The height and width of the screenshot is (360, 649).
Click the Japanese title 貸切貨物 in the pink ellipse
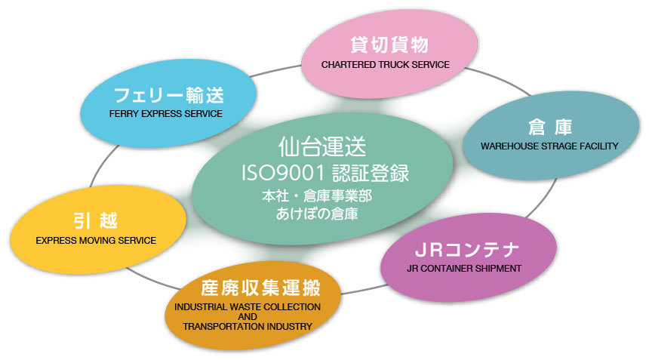[389, 45]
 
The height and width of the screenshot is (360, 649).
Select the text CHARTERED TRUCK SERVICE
[386, 65]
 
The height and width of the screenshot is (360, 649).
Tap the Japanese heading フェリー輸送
[168, 95]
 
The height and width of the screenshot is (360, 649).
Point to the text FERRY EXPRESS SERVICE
[165, 113]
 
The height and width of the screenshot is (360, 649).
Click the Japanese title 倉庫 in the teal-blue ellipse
[550, 127]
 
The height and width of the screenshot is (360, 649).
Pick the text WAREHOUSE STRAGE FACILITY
[549, 146]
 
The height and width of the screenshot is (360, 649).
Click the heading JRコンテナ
[467, 250]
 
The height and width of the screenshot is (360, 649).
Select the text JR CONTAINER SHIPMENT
[464, 268]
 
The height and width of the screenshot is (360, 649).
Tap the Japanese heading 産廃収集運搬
[260, 288]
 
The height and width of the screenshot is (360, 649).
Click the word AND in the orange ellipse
[248, 316]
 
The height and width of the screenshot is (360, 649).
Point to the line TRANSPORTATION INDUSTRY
[248, 327]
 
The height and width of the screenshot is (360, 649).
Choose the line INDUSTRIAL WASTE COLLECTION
[248, 307]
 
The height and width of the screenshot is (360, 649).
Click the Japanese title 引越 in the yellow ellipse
[96, 220]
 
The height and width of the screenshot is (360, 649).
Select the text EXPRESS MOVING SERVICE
[96, 241]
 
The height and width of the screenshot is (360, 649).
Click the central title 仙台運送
[322, 146]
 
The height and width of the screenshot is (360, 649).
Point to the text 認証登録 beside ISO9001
[371, 174]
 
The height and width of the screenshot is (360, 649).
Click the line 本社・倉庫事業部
[317, 195]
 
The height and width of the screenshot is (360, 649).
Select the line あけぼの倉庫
[317, 214]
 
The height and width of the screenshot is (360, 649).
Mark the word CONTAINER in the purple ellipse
[447, 268]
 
